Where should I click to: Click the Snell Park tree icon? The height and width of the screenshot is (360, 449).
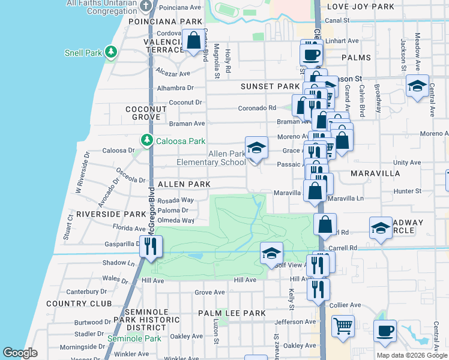(110, 52)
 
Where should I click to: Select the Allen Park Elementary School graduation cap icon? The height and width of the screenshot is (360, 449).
(256, 148)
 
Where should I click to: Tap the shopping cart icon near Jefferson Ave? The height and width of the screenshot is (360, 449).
(343, 327)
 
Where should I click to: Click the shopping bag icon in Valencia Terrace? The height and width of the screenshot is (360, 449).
(194, 42)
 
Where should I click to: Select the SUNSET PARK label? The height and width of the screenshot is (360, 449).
(270, 86)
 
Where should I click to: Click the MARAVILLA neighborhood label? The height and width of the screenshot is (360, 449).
(363, 173)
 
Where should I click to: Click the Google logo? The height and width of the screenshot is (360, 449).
(20, 353)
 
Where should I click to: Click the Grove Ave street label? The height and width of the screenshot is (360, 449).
(209, 293)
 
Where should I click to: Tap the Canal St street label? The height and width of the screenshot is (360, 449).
(337, 20)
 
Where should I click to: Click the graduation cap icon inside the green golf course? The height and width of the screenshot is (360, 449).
(271, 253)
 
